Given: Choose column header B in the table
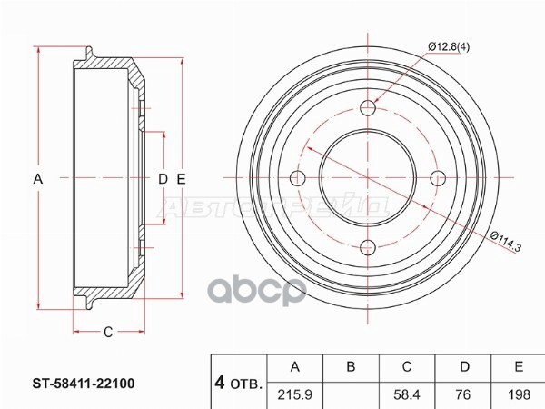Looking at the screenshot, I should tap(350, 366).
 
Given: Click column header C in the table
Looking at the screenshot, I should tap(407, 366).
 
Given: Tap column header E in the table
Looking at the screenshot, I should tap(518, 366).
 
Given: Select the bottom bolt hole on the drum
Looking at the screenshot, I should tap(368, 245).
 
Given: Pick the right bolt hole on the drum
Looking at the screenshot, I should tap(436, 177).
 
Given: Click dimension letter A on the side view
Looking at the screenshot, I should tap(38, 179).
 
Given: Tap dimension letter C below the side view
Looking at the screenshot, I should tap(107, 332).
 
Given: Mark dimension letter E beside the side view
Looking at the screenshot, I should tap(181, 179).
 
